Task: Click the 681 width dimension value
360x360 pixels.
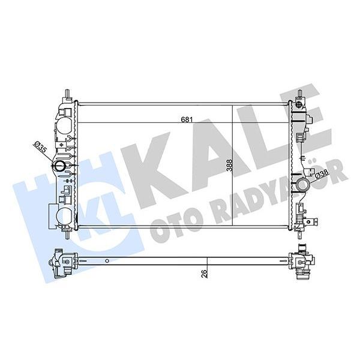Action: [x=187, y=119]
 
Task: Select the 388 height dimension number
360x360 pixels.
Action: [x=229, y=166]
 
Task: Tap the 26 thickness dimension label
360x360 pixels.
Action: [x=204, y=274]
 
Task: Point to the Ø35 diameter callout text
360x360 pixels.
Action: [x=40, y=148]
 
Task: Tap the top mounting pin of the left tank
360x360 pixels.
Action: [x=67, y=94]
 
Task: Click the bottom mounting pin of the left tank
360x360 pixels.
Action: [x=67, y=235]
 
